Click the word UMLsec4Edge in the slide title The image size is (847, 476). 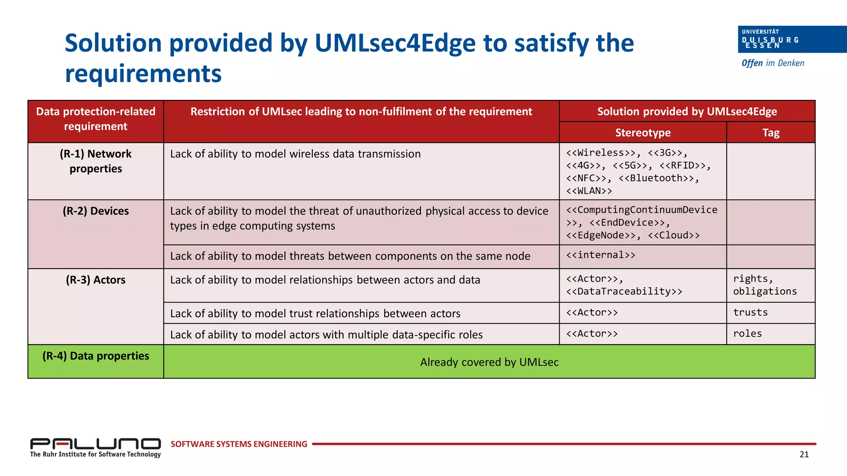tap(395, 43)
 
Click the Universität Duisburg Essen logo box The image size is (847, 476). tap(792, 39)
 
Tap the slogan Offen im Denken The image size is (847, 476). tap(773, 63)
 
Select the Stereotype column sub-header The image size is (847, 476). tap(643, 133)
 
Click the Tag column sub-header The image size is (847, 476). tap(770, 133)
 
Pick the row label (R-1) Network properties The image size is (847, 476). tap(96, 161)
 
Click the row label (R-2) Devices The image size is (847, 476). tap(96, 211)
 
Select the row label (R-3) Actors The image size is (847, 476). tap(96, 280)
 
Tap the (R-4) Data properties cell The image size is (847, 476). tap(96, 356)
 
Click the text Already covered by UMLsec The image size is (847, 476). tap(489, 362)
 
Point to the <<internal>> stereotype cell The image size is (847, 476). tap(601, 255)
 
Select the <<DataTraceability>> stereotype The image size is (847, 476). tap(624, 291)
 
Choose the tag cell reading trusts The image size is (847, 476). tap(750, 312)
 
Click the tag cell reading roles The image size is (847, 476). tap(747, 333)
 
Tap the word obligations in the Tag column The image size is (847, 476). tap(765, 291)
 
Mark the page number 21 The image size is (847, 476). tap(804, 455)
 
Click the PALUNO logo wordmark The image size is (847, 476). tap(96, 444)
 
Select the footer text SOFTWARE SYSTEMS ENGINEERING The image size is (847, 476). tap(239, 444)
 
